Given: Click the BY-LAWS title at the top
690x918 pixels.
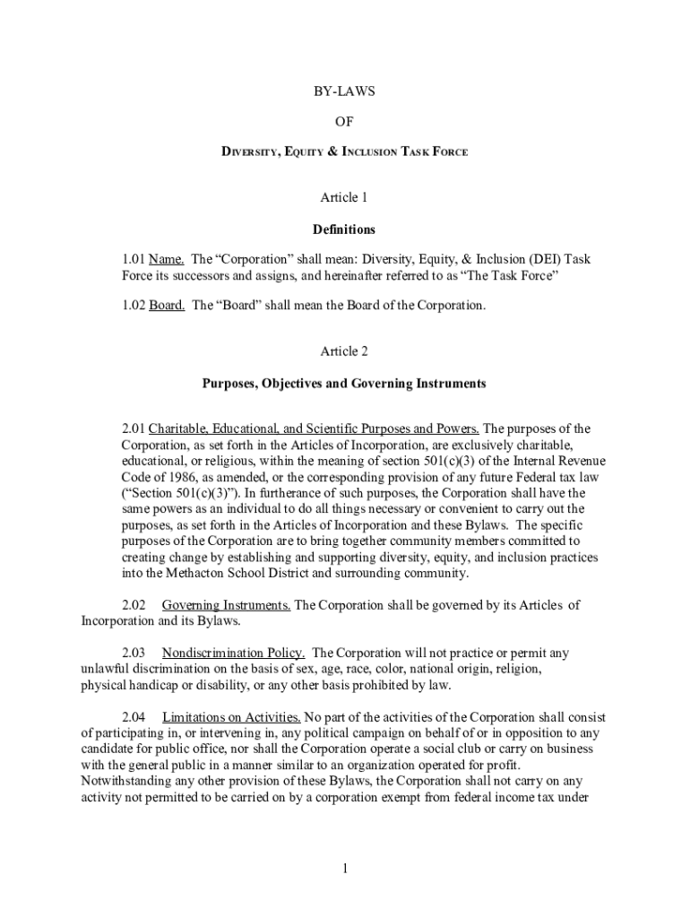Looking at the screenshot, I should pos(344,91).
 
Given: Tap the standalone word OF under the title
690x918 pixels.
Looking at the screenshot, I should pos(344,122).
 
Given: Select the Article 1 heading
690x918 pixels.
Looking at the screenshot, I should pos(344,197).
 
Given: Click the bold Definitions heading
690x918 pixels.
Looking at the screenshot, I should pos(344,229).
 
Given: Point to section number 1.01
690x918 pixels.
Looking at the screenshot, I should pos(134,259).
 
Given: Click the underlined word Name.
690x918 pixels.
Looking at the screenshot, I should pos(166,259).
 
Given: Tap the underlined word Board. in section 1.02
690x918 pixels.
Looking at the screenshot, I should pos(167,306).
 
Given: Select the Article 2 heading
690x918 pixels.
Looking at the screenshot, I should pos(344,352).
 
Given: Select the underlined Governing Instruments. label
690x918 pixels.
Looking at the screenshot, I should pos(226,605).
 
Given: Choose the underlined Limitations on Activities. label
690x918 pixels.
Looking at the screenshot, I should pos(231,717).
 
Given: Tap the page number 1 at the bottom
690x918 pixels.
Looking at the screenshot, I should pos(344,869).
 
